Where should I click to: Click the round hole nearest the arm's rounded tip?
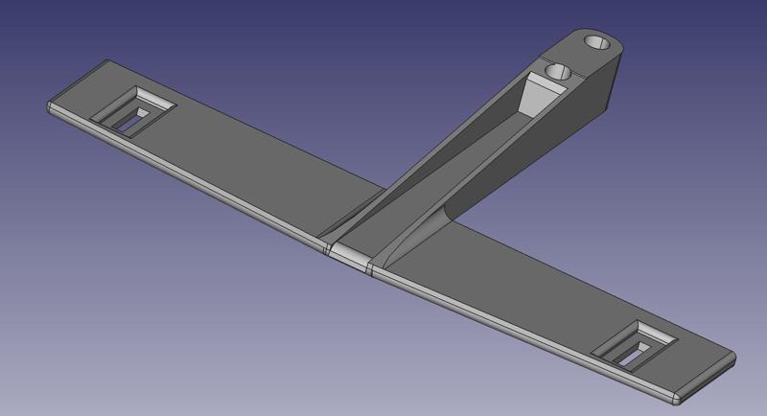point(595,43)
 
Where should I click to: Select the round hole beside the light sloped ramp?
point(556,72)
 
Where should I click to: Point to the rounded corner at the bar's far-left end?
point(51,106)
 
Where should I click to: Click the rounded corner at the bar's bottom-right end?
point(676,395)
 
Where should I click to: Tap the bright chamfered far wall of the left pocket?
point(154,98)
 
